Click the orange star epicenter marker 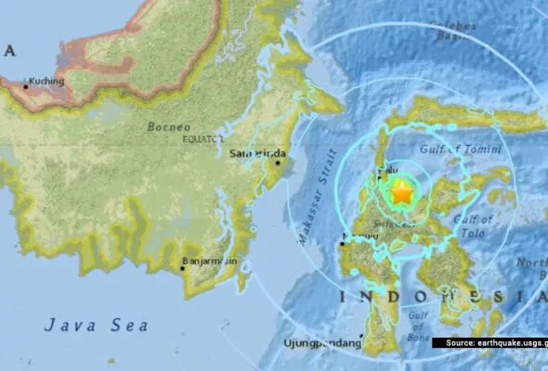point(401,193)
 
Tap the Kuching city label point(46,81)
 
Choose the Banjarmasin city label point(212,262)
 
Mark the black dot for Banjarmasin point(183,269)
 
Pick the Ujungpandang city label point(320,344)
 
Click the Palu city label point(390,171)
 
